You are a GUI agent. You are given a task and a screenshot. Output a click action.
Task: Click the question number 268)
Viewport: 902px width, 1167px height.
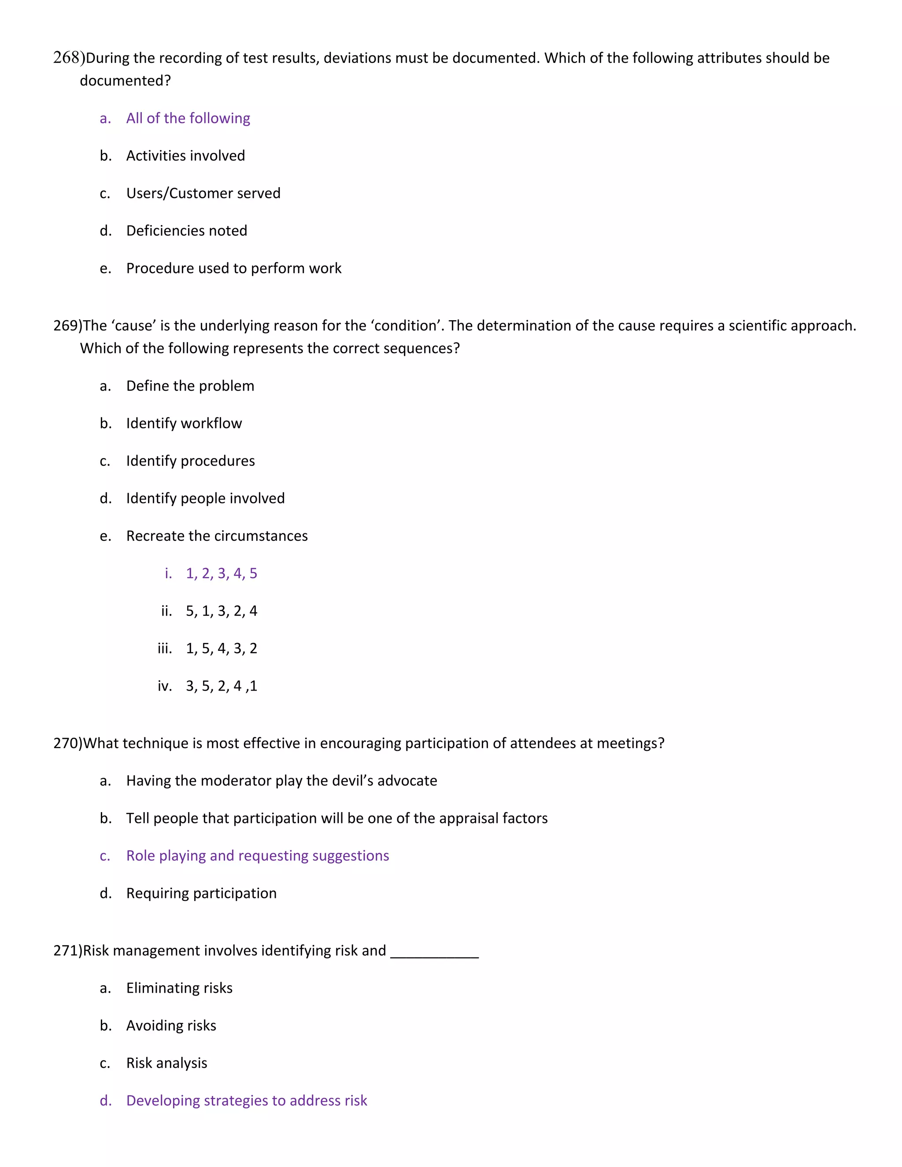(x=68, y=58)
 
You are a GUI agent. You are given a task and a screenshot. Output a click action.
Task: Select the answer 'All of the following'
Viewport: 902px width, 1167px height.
(x=188, y=118)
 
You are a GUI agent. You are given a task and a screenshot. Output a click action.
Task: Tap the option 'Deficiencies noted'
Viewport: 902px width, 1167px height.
(x=186, y=231)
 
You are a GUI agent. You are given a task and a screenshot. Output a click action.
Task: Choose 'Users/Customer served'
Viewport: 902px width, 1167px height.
(x=203, y=193)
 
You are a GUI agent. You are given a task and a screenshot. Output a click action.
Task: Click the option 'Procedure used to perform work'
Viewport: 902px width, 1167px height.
(x=233, y=268)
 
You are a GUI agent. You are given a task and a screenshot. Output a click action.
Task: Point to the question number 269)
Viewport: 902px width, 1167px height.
(x=68, y=326)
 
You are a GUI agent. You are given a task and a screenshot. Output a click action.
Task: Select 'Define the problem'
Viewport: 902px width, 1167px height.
(x=190, y=386)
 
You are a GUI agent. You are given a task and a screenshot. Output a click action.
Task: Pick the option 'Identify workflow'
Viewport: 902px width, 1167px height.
(x=184, y=424)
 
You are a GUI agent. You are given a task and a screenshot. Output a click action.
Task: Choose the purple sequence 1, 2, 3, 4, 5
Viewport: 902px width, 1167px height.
(x=221, y=573)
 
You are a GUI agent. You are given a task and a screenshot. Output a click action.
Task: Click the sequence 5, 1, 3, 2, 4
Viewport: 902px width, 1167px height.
(x=221, y=611)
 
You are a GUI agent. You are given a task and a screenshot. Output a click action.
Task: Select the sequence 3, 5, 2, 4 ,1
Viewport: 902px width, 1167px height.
(x=221, y=686)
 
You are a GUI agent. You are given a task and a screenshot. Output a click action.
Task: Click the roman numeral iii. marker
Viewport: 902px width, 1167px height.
(x=165, y=649)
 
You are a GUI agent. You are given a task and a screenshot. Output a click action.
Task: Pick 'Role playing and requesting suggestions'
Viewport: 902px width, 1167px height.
(x=257, y=856)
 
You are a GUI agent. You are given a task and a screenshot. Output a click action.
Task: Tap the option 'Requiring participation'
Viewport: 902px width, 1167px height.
(x=201, y=894)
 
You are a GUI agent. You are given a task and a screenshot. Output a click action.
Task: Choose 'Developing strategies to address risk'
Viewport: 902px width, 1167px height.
(x=246, y=1101)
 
